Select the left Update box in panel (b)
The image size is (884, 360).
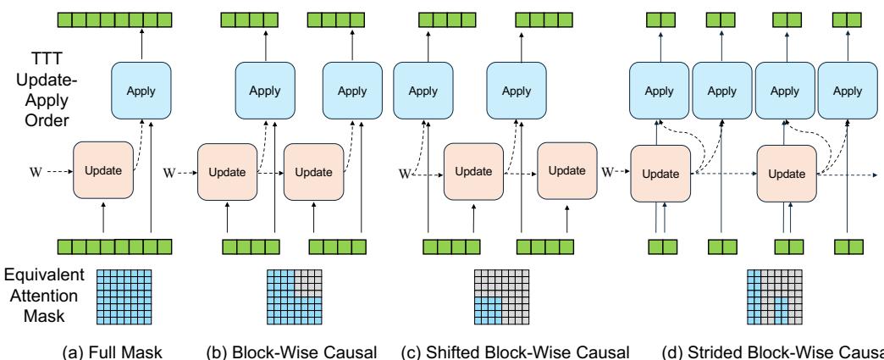pos(226,171)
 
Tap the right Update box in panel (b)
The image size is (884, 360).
pos(312,171)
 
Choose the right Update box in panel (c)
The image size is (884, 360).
pos(567,170)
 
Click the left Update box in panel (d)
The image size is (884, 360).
pos(660,173)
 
